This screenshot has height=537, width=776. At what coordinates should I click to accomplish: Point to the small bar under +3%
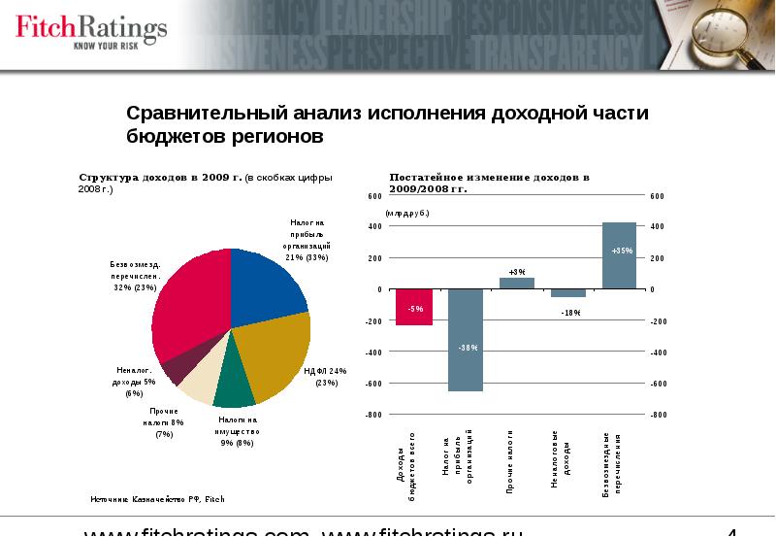tap(517, 284)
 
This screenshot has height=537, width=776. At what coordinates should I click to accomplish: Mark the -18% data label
tap(569, 312)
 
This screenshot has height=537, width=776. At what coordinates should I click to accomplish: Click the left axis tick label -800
tap(373, 415)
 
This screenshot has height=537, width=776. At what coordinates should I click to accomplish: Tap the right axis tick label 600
tap(658, 195)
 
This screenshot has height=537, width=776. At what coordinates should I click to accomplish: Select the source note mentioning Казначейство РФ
tap(157, 498)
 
